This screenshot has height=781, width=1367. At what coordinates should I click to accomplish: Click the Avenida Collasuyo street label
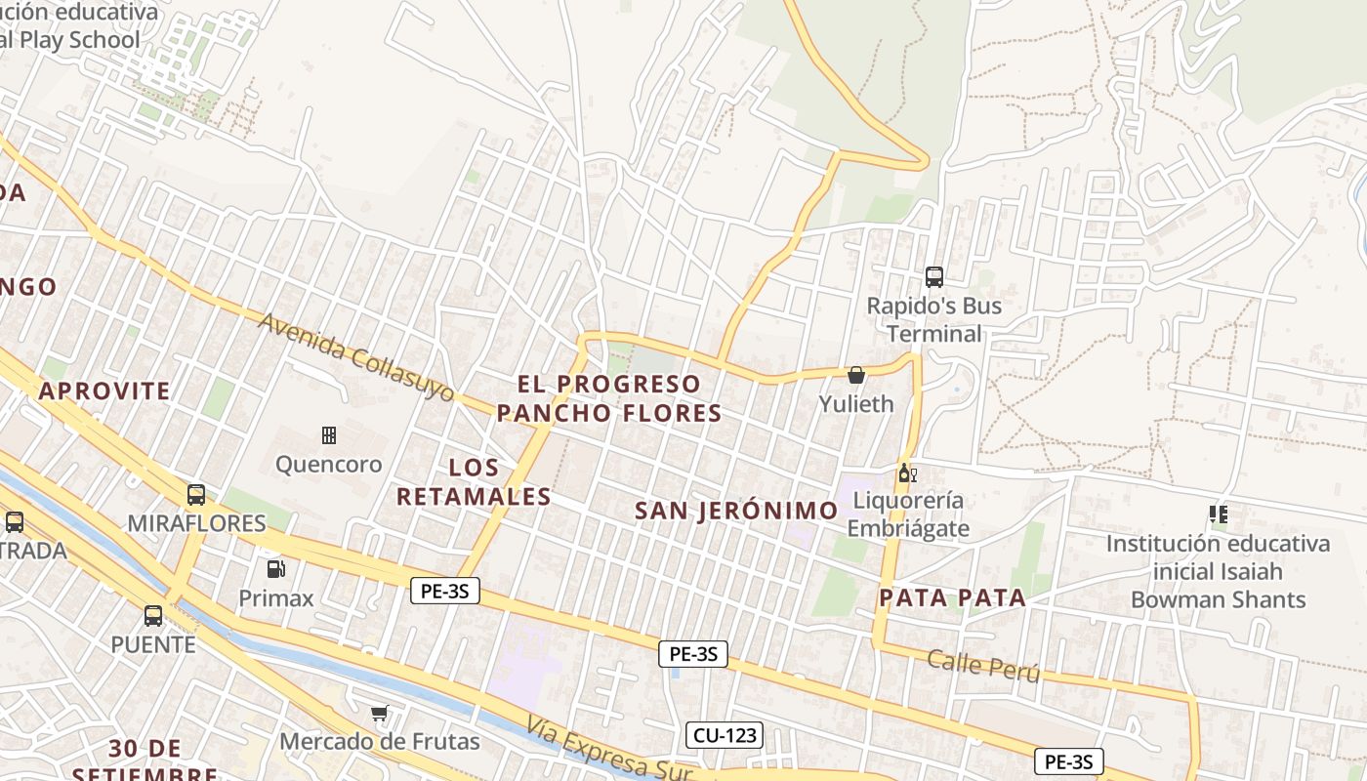tap(356, 357)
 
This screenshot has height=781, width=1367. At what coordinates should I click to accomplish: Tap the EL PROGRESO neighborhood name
tap(609, 384)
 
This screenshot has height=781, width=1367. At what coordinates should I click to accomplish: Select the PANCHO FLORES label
tap(609, 413)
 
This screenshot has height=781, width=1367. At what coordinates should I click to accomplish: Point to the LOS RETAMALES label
tap(475, 482)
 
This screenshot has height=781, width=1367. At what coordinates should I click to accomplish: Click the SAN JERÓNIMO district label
tap(736, 511)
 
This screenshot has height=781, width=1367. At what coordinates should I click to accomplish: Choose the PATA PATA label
tap(952, 598)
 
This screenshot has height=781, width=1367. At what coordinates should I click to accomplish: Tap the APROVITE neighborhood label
tap(104, 391)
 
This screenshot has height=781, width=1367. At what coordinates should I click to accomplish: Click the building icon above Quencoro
tap(329, 434)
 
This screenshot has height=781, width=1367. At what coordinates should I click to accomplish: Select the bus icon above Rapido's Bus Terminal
tap(934, 277)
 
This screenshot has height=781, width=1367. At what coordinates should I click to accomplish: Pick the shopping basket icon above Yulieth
tap(856, 375)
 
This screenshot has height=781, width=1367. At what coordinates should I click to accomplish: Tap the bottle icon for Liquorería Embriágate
tap(907, 473)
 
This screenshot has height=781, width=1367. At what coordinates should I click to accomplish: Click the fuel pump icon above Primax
tap(276, 568)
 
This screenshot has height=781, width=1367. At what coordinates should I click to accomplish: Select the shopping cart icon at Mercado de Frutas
tap(380, 714)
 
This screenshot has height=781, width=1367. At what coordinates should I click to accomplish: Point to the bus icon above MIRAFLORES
tap(196, 495)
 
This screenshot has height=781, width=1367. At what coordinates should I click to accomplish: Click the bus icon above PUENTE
tap(153, 616)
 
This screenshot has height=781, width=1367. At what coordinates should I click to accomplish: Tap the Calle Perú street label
tap(983, 666)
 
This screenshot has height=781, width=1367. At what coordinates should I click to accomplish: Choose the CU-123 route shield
tap(724, 735)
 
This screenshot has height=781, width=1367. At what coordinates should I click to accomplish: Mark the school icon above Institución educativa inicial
tap(1218, 514)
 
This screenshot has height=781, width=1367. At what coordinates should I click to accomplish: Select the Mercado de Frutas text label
tap(380, 742)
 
